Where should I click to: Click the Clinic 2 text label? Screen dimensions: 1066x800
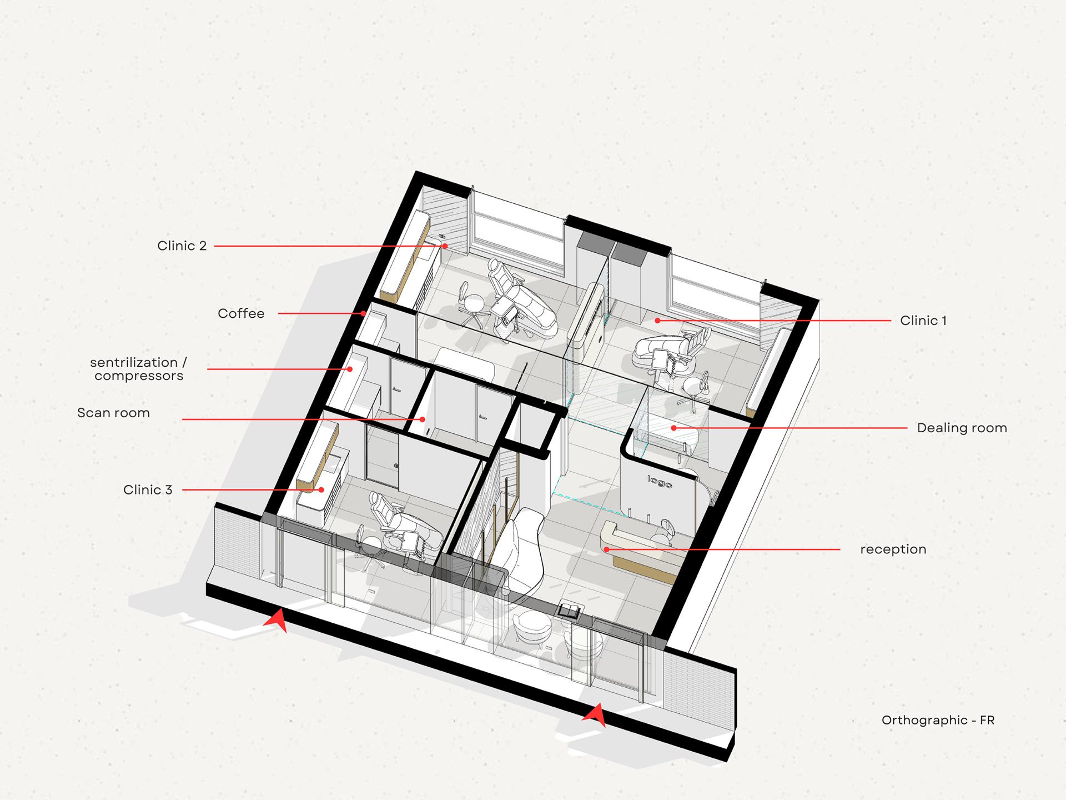pyautogui.click(x=182, y=246)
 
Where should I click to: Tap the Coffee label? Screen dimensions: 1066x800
pyautogui.click(x=241, y=313)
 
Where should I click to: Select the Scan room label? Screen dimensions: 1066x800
pyautogui.click(x=113, y=413)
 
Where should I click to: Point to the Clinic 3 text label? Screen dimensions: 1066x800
pyautogui.click(x=148, y=489)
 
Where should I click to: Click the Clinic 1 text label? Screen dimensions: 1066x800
pyautogui.click(x=923, y=321)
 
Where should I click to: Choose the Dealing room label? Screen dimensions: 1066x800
pyautogui.click(x=962, y=428)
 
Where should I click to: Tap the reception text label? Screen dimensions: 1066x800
pyautogui.click(x=893, y=549)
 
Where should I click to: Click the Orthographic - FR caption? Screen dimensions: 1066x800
pyautogui.click(x=938, y=720)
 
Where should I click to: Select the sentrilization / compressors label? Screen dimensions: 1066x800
pyautogui.click(x=139, y=369)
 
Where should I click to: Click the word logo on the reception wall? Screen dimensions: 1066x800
pyautogui.click(x=660, y=482)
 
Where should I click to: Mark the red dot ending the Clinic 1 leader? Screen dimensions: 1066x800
pyautogui.click(x=657, y=321)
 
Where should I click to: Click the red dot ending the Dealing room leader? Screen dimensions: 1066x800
pyautogui.click(x=673, y=428)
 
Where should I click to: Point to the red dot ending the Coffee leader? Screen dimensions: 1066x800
pyautogui.click(x=363, y=313)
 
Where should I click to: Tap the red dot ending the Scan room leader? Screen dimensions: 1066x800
pyautogui.click(x=423, y=419)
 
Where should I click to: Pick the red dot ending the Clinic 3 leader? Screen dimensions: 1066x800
pyautogui.click(x=321, y=489)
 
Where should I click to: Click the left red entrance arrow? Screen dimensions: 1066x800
pyautogui.click(x=276, y=620)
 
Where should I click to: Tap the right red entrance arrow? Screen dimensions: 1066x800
pyautogui.click(x=595, y=715)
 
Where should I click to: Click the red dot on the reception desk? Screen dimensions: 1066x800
pyautogui.click(x=607, y=549)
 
